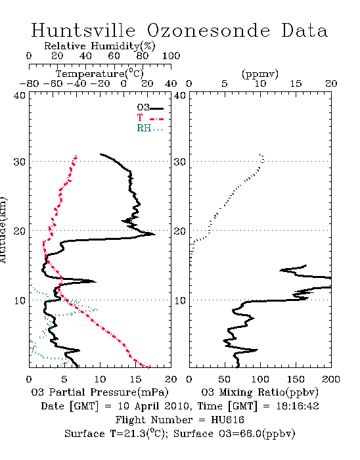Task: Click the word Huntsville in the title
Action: tap(83, 30)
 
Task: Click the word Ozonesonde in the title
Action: tap(208, 30)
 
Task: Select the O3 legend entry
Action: tap(150, 108)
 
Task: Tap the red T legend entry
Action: tap(150, 118)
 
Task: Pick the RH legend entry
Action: tap(150, 128)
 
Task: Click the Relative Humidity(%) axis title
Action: tap(99, 46)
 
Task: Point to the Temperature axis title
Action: tap(99, 73)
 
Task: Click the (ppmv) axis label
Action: tap(259, 74)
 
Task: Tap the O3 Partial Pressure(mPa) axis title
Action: tap(100, 392)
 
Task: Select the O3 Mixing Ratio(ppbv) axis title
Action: tap(259, 392)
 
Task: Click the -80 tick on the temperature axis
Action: tap(29, 84)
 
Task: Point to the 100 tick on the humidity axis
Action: tap(171, 56)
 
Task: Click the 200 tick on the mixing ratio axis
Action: tap(331, 379)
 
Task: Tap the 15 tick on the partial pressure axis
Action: tap(135, 379)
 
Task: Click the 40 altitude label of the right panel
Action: tap(180, 96)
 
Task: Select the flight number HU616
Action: tap(227, 420)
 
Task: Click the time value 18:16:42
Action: tap(298, 406)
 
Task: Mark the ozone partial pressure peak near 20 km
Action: tap(154, 234)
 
